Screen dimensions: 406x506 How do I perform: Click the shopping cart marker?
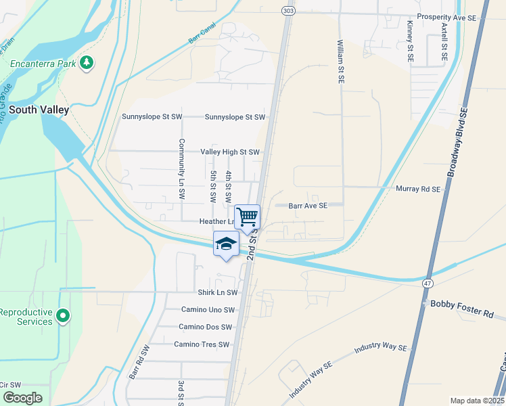coord(248,217)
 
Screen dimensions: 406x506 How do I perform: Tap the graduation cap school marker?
coord(226,244)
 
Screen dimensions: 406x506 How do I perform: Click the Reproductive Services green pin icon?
coord(63,316)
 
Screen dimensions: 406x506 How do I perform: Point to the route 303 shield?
coord(288,10)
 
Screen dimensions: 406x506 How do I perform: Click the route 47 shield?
coord(427,281)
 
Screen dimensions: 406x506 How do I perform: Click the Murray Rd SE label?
coord(418,189)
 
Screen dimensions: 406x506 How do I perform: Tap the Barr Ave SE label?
coord(308,205)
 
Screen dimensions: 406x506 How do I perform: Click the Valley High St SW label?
coord(230,152)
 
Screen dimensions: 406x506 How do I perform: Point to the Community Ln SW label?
coord(182,168)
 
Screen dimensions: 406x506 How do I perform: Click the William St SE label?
coord(340,61)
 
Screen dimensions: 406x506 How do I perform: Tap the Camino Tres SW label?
coord(203,344)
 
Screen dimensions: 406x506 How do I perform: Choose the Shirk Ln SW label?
coord(218,293)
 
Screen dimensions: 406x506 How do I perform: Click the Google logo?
coord(23,398)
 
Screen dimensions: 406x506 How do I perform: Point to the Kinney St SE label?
coord(410,41)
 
